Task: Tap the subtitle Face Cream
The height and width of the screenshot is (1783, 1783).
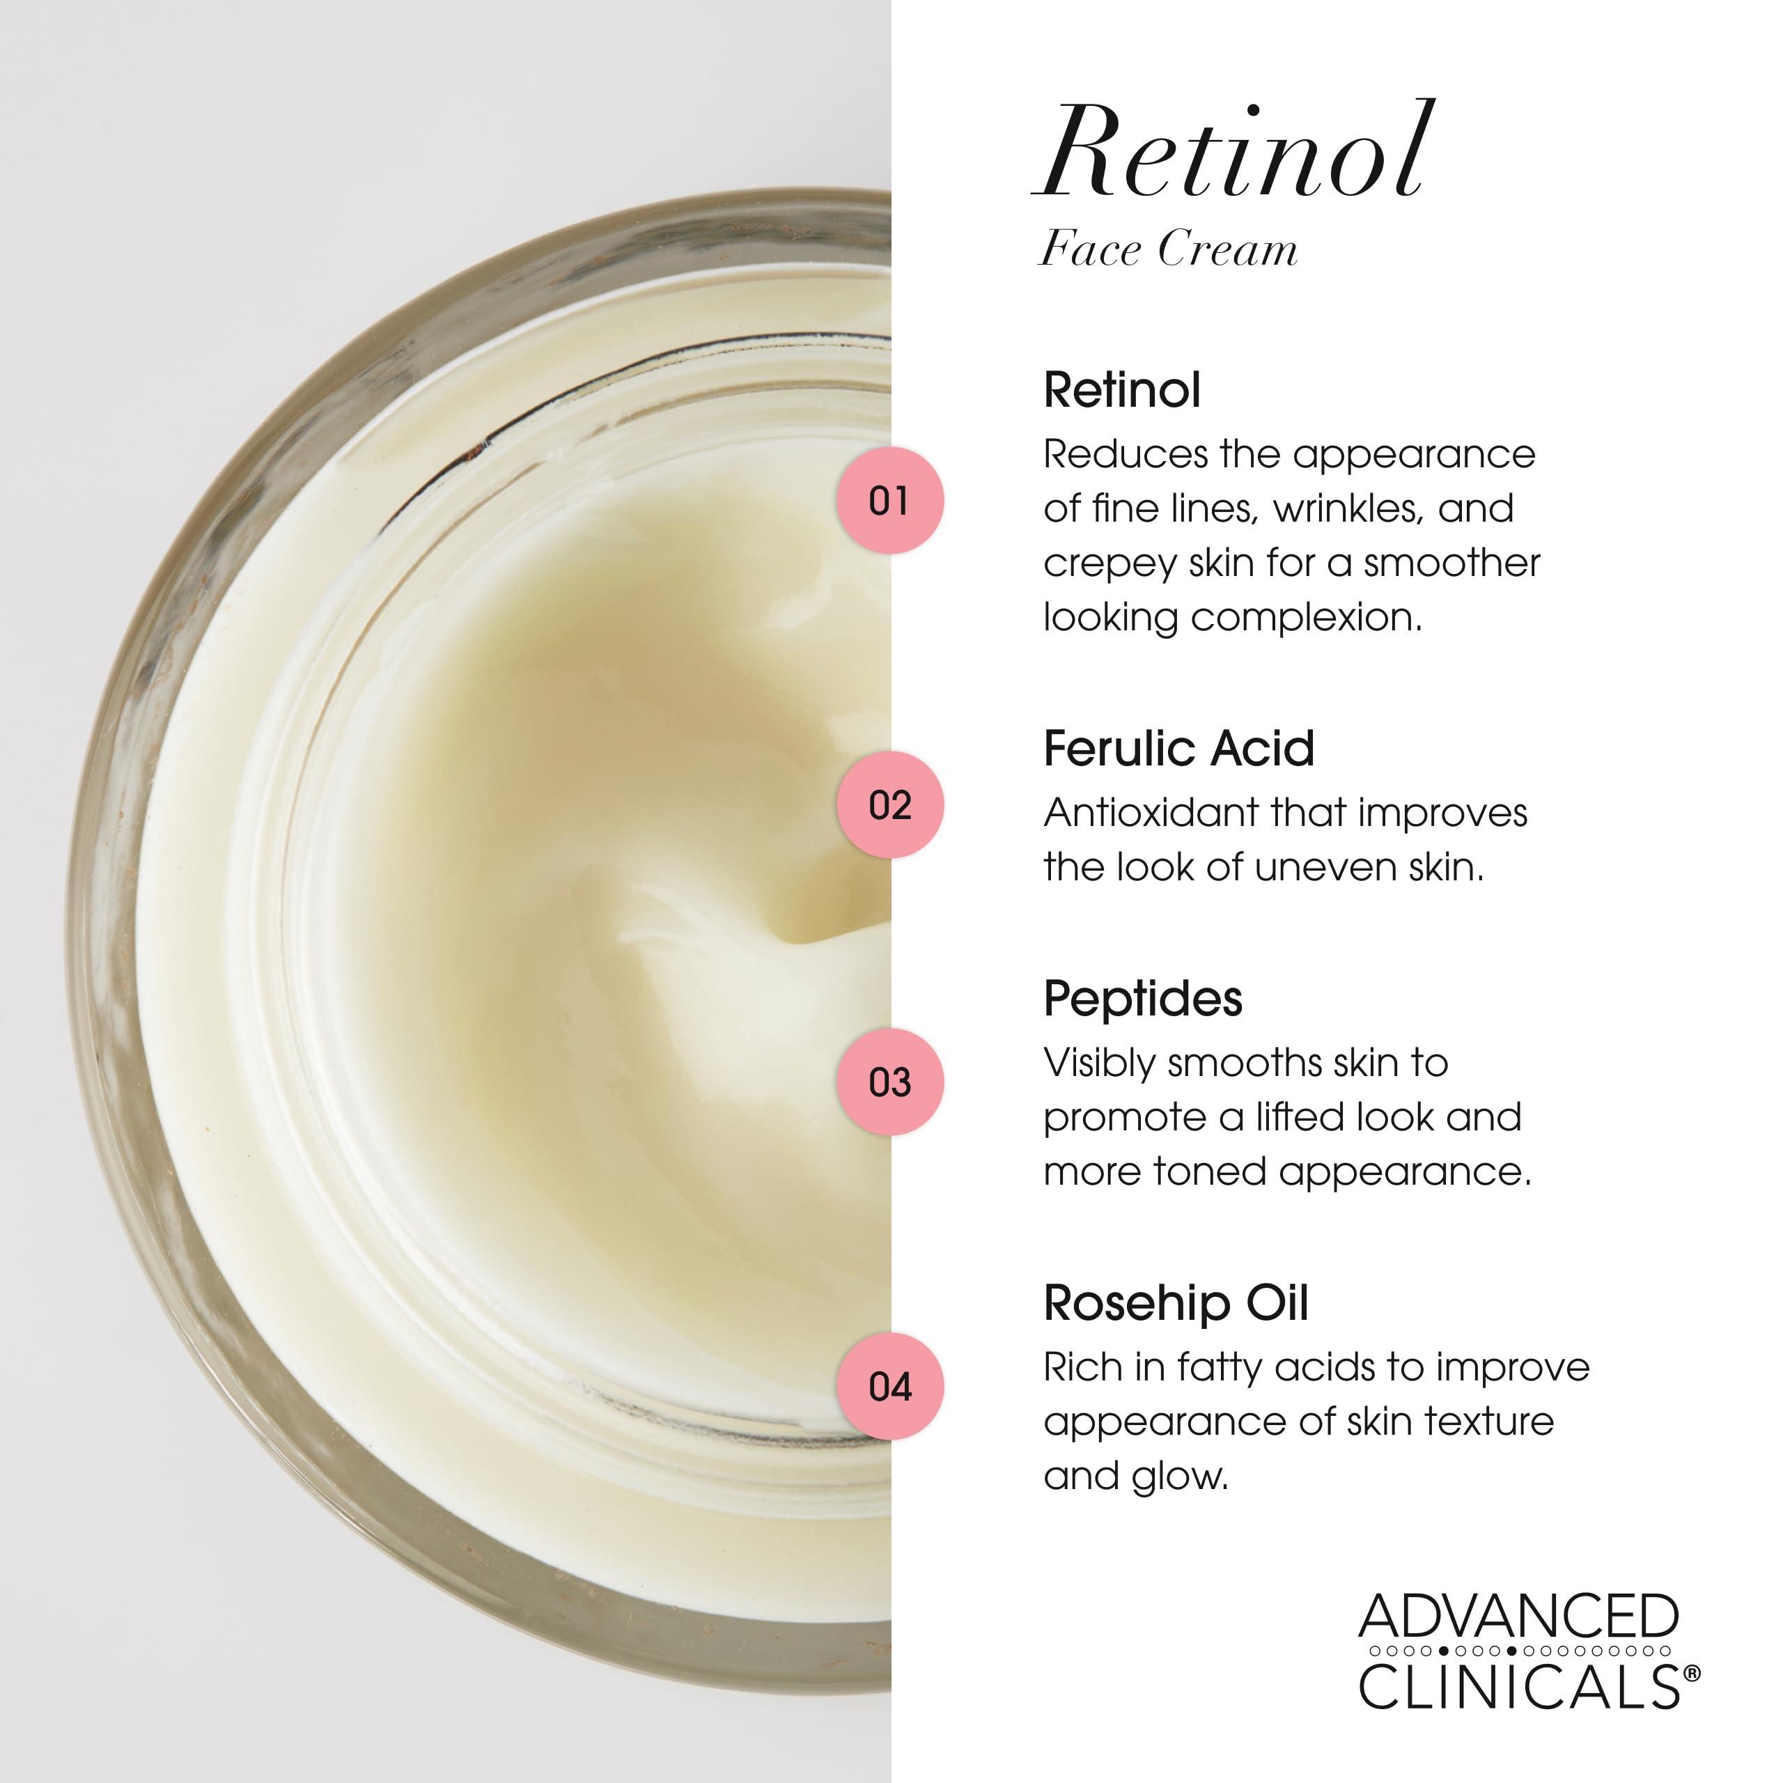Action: pos(1169,249)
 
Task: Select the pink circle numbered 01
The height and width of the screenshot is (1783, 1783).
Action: pos(889,500)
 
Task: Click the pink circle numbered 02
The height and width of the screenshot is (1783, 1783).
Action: pos(889,804)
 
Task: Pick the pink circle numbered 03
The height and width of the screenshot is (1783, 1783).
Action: pos(889,1082)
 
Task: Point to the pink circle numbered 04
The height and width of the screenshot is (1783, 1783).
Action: pos(889,1386)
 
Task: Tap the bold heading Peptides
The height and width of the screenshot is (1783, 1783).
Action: pos(1142,999)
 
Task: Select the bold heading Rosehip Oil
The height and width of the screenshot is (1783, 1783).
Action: pos(1176,1303)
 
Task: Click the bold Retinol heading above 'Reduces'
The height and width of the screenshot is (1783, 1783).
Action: pos(1122,389)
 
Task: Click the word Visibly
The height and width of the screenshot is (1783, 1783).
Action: pos(1098,1063)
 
